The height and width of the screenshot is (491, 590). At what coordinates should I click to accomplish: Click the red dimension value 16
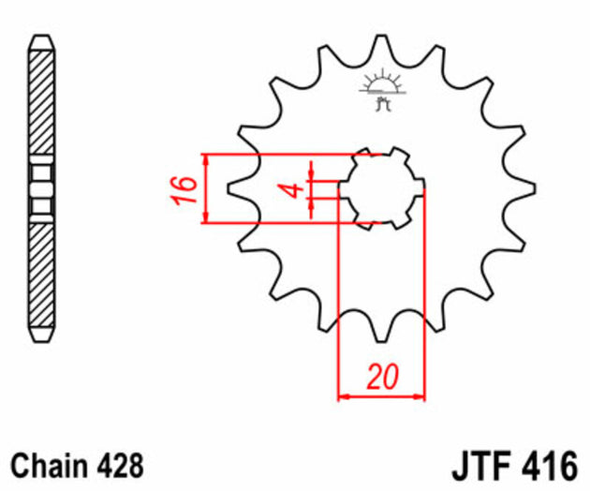coord(186,189)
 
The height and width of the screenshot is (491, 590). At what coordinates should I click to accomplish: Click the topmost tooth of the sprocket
coord(382,47)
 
